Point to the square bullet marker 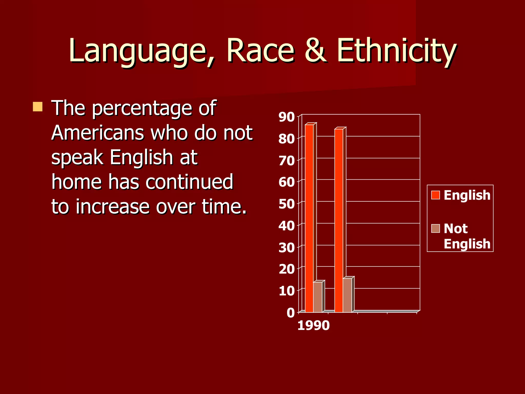(x=38, y=107)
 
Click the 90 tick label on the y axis (x=287, y=117)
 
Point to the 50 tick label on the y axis (x=287, y=204)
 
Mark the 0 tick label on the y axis (x=291, y=313)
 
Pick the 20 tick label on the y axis (x=287, y=269)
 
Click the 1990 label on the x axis (x=313, y=326)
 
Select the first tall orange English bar (x=309, y=218)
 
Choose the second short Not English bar (x=347, y=295)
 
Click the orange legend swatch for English (x=436, y=195)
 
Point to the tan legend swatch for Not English (x=436, y=228)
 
